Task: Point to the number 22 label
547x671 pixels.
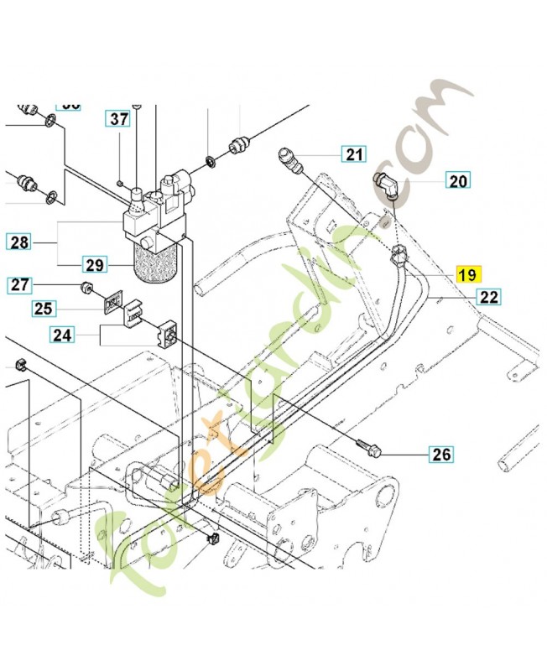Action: (489, 296)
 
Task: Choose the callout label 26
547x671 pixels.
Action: (440, 455)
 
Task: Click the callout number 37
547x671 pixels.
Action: (120, 118)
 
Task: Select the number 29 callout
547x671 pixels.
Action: (94, 265)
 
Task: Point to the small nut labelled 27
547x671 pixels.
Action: (86, 289)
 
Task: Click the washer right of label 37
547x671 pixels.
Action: (209, 159)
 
